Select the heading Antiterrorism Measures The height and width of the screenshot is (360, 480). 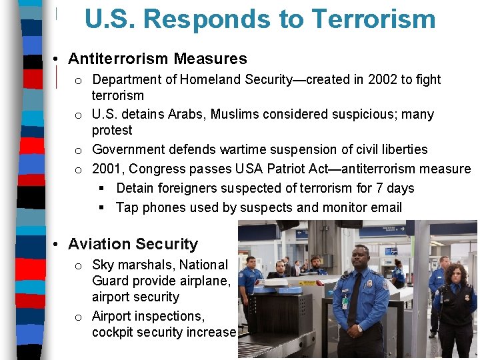point(157,59)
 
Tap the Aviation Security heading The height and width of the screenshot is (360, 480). point(133,244)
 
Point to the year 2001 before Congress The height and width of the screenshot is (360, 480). point(107,169)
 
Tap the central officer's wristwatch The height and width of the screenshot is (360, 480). point(360,328)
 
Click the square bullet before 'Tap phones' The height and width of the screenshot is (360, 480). point(102,207)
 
